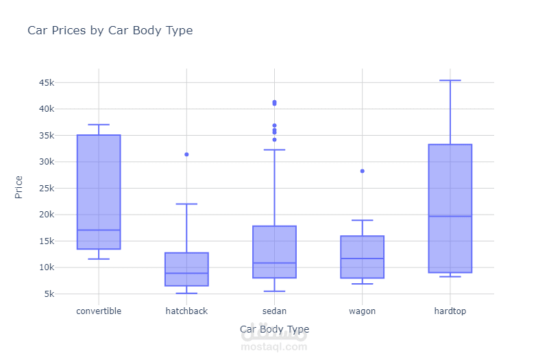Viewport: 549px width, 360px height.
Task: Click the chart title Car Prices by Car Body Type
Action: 110,31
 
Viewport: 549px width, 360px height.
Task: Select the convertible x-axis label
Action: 99,311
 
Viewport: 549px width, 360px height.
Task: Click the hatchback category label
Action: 186,311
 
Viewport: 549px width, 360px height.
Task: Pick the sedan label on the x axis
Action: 274,311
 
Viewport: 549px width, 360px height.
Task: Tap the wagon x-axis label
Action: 362,311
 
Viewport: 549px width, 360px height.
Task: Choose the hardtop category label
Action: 450,311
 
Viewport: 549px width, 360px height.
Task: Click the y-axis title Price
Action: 19,187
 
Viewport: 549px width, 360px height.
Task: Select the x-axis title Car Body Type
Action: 274,329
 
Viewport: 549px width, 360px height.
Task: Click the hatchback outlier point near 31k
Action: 186,154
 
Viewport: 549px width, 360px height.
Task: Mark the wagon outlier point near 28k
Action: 362,171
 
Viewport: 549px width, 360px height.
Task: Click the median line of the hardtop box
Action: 450,216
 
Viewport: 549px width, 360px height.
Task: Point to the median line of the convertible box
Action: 99,230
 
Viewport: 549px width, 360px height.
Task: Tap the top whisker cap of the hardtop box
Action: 450,80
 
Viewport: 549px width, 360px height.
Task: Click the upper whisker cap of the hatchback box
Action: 186,204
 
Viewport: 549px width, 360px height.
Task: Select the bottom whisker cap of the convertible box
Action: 99,259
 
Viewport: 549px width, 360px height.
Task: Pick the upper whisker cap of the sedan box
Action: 274,149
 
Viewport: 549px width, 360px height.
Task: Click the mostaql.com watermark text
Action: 274,347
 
